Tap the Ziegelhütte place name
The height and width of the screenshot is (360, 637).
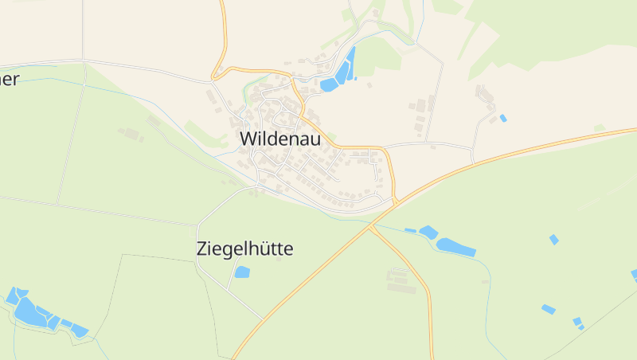pyautogui.click(x=244, y=249)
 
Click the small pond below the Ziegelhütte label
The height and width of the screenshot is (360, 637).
pyautogui.click(x=242, y=272)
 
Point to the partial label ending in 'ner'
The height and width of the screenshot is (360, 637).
pyautogui.click(x=9, y=79)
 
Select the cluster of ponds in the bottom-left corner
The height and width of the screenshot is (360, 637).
pyautogui.click(x=40, y=312)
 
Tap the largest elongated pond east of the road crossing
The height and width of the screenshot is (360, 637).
pyautogui.click(x=455, y=247)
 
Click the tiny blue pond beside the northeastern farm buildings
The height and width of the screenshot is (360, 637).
pyautogui.click(x=502, y=119)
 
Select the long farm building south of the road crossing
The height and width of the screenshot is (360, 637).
pyautogui.click(x=401, y=281)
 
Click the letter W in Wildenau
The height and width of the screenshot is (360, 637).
pyautogui.click(x=248, y=139)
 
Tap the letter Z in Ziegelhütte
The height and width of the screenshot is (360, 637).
pyautogui.click(x=201, y=249)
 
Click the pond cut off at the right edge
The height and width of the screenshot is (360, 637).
pyautogui.click(x=634, y=276)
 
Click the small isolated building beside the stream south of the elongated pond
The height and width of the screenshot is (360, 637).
pyautogui.click(x=485, y=282)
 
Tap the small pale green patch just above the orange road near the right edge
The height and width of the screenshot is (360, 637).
pyautogui.click(x=599, y=127)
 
